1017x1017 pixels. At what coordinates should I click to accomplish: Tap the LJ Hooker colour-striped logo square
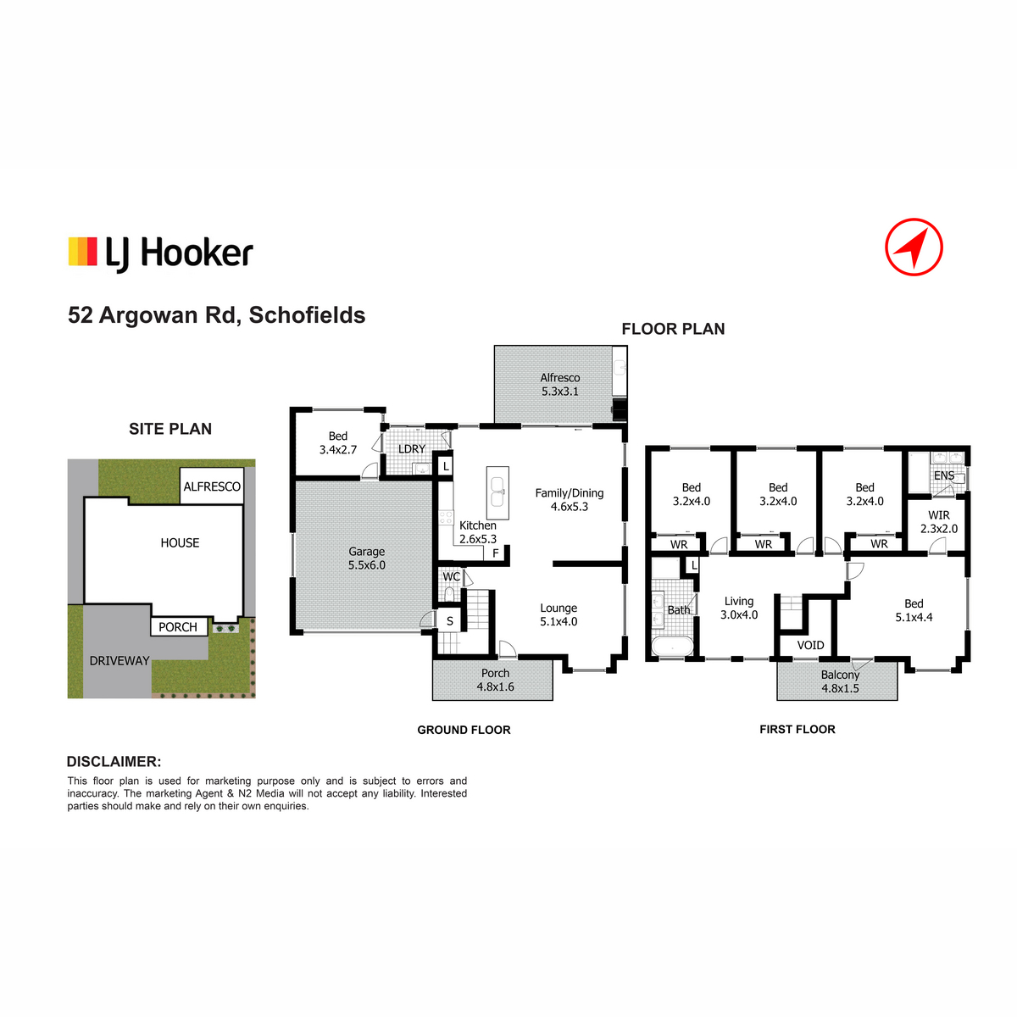tap(83, 251)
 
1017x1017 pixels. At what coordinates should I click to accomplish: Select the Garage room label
tap(366, 552)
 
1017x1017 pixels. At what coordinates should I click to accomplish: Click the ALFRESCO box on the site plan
tap(212, 486)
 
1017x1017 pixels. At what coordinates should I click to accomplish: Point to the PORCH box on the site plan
tap(179, 626)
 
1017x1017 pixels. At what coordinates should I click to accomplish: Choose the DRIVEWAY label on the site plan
tap(119, 661)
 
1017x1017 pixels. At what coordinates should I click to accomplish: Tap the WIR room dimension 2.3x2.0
tap(939, 529)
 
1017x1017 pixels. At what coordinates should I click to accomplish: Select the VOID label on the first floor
tap(810, 645)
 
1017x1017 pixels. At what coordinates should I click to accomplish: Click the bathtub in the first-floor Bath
tap(672, 646)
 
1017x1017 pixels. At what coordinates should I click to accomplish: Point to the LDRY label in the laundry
tap(412, 448)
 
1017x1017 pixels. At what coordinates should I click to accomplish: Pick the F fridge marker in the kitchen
tap(496, 553)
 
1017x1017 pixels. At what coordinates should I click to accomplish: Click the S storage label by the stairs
tap(450, 621)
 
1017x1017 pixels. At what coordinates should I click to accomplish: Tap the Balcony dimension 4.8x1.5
tap(840, 688)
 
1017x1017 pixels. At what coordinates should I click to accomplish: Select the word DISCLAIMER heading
tap(114, 762)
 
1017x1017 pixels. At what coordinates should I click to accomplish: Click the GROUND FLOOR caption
tap(464, 730)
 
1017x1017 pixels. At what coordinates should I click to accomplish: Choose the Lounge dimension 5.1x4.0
tap(559, 622)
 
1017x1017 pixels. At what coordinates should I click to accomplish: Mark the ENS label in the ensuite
tap(943, 475)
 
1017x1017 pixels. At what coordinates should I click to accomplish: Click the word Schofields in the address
tap(307, 315)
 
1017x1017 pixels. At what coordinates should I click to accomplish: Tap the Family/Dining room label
tap(569, 493)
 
